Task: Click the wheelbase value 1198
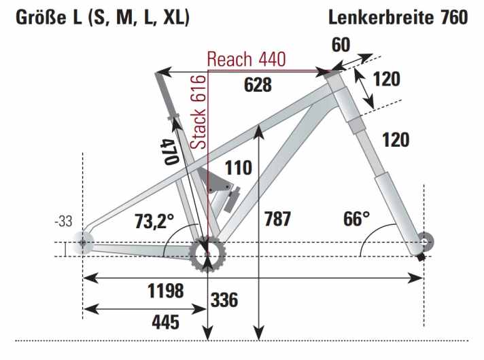point(165,291)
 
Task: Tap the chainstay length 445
point(165,322)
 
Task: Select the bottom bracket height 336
point(224,300)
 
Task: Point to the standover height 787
point(277,219)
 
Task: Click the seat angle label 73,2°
point(154,221)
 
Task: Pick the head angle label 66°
point(356,219)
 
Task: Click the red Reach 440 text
point(246,59)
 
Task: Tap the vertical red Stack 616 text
point(198,112)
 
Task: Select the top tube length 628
point(258,85)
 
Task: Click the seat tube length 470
point(169,151)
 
